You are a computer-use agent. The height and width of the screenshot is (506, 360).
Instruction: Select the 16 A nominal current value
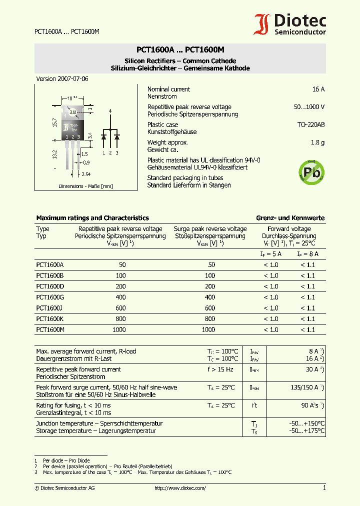coord(318,89)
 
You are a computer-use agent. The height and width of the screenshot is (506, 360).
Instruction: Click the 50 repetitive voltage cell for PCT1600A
coord(122,264)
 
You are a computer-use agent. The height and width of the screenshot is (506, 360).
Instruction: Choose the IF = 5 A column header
coord(271,254)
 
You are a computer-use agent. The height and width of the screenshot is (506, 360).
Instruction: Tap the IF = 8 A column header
coord(307,254)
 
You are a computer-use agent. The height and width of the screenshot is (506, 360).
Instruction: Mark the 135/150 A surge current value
coord(304,387)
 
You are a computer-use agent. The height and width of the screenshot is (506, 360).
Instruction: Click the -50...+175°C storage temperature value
coord(306,430)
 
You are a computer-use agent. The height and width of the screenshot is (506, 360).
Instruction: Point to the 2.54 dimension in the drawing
coord(86,174)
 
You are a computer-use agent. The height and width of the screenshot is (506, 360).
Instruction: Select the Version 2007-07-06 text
coord(62,79)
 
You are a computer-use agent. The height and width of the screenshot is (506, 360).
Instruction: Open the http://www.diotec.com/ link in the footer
coord(180,488)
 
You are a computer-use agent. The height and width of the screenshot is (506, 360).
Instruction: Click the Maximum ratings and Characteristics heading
coord(92,218)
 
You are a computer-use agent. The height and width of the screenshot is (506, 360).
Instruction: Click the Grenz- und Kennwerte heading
coord(290,218)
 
